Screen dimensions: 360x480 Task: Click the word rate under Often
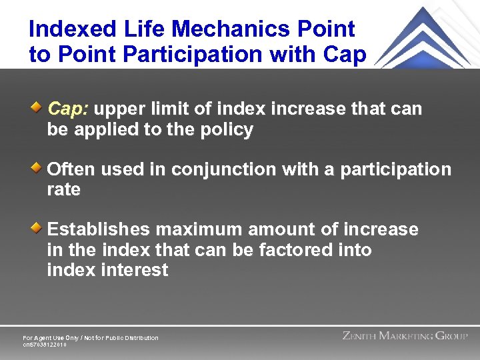pyautogui.click(x=63, y=190)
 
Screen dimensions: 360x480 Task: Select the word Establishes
pyautogui.click(x=98, y=230)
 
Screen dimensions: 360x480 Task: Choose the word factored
pyautogui.click(x=299, y=251)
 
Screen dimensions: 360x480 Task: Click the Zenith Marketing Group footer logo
pyautogui.click(x=405, y=336)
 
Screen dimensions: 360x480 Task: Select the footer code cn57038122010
pyautogui.click(x=45, y=345)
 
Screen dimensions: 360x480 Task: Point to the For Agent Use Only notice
pyautogui.click(x=91, y=338)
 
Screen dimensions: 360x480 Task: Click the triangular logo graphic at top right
pyautogui.click(x=426, y=37)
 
